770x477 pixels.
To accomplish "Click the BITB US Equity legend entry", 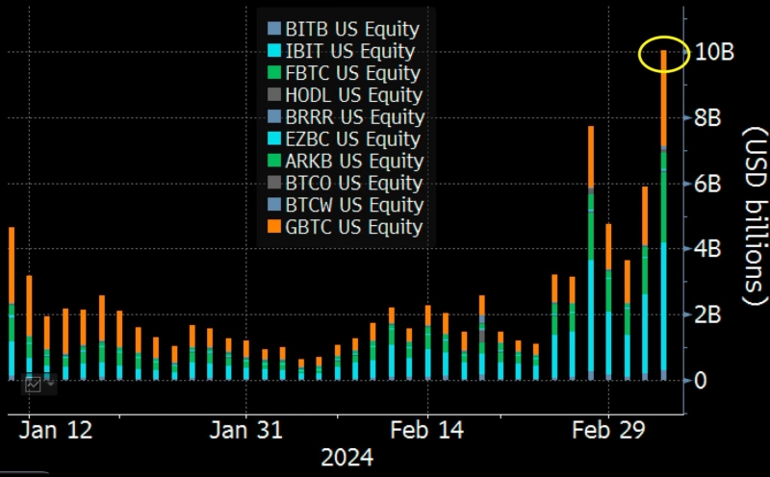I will point(344,29).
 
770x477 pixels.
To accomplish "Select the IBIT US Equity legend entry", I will point(344,51).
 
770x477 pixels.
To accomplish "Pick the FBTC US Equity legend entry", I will point(344,73).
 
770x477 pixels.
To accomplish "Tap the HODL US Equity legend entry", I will point(344,95).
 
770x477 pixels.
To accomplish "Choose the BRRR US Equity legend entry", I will point(344,117).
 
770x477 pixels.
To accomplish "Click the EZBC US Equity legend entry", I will point(344,139).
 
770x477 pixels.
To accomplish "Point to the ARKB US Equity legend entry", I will point(344,161).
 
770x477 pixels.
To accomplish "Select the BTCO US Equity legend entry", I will point(344,183).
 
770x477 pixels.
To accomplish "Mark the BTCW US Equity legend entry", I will point(344,205).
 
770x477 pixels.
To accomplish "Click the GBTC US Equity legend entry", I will point(344,227).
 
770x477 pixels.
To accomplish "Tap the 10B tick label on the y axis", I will point(715,54).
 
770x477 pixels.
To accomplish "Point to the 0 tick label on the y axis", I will point(701,381).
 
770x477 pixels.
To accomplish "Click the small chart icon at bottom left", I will point(34,384).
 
